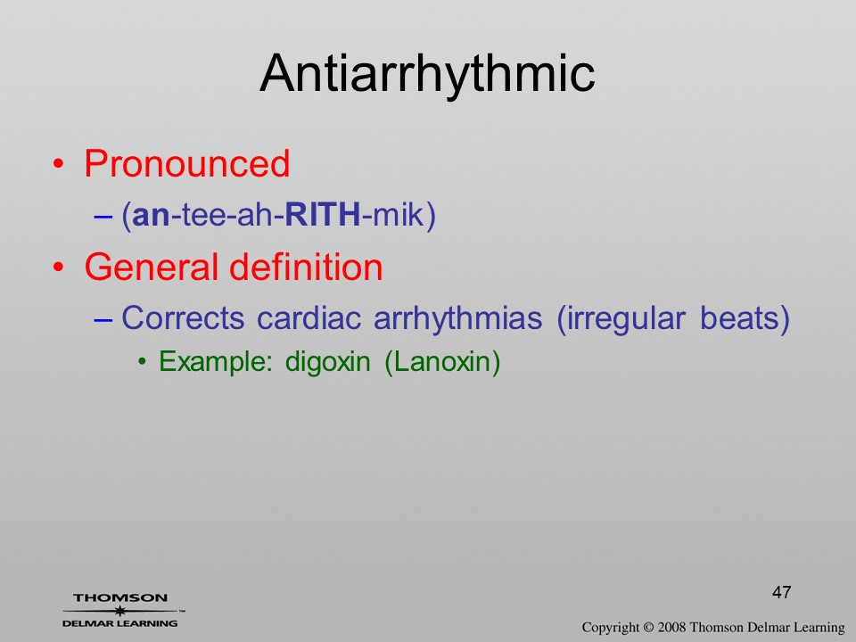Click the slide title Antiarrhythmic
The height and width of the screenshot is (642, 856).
(x=427, y=74)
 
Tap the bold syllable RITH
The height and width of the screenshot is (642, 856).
(x=323, y=214)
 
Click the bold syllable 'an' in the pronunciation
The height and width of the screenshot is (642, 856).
(x=152, y=215)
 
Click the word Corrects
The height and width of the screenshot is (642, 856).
(x=183, y=317)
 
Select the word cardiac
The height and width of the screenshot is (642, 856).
(x=309, y=317)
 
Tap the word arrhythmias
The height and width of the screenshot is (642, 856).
(x=458, y=318)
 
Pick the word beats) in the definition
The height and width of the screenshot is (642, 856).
(x=745, y=318)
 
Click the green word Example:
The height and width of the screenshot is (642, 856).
(x=216, y=361)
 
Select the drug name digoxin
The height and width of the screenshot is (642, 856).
(x=327, y=362)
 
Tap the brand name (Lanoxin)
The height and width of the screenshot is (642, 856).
(x=443, y=362)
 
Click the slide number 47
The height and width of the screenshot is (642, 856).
(x=782, y=592)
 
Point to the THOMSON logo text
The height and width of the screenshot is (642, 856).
(x=120, y=597)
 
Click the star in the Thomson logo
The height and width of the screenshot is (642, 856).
(x=120, y=611)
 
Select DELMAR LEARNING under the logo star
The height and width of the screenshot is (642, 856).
(x=120, y=623)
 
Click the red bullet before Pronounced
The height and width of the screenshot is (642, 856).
(x=59, y=164)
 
